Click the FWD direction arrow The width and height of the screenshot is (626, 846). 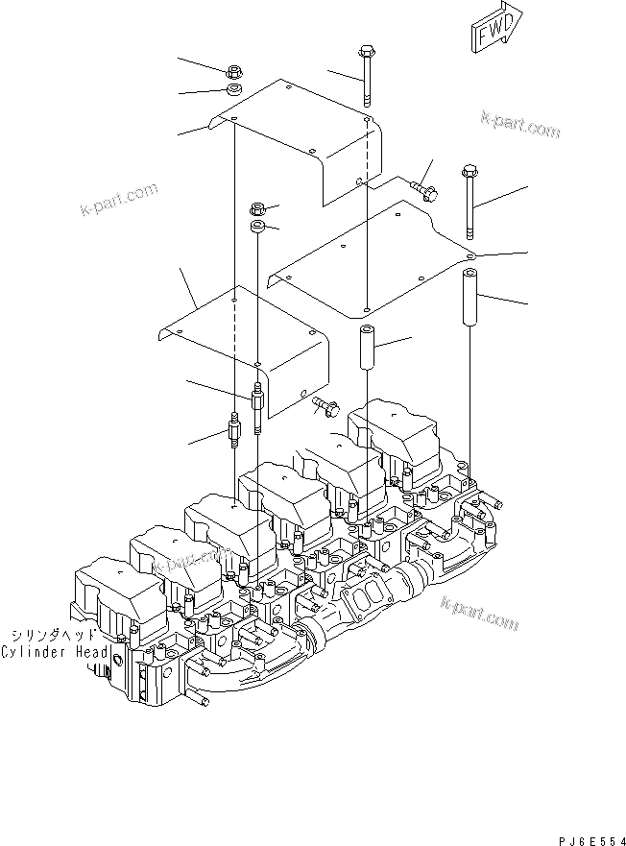[x=496, y=29]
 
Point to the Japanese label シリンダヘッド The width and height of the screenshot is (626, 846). [x=54, y=636]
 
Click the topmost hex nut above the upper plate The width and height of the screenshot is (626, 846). [x=233, y=72]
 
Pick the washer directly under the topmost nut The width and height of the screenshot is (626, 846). [x=233, y=90]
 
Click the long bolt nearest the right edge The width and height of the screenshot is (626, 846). [x=469, y=202]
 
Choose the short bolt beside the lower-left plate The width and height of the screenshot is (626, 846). [x=326, y=409]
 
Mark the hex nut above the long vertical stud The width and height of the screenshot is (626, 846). [x=256, y=208]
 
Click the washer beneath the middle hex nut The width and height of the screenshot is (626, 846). [x=256, y=228]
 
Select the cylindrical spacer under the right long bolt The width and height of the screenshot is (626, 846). [x=469, y=299]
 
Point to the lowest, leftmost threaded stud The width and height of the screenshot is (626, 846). [x=234, y=433]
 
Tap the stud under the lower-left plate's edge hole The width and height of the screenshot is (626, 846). [x=257, y=402]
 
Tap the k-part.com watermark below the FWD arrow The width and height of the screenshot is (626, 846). [x=520, y=124]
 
